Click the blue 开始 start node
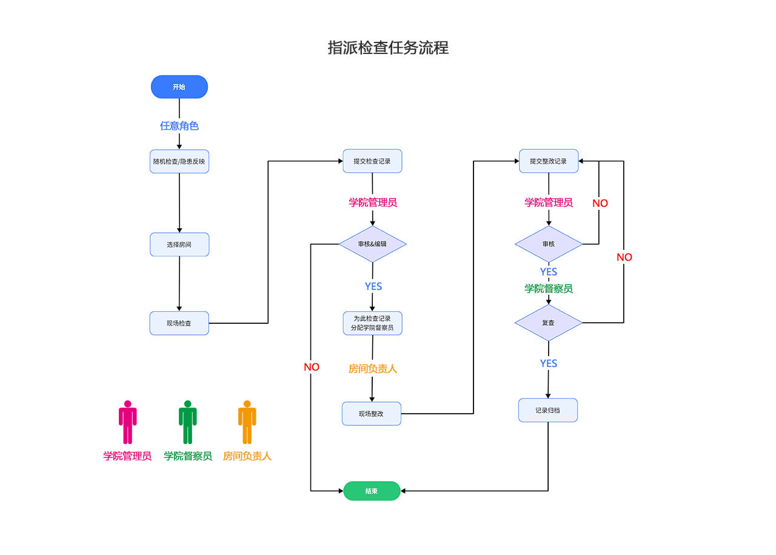(179, 87)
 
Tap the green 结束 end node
(372, 491)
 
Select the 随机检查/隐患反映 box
(179, 161)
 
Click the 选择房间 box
(179, 244)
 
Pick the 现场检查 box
(179, 323)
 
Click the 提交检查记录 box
(372, 161)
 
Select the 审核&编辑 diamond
(372, 244)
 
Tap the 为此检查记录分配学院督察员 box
(372, 323)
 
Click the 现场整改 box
(372, 414)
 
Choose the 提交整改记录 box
(549, 161)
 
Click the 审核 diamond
(549, 244)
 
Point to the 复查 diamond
(549, 323)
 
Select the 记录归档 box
(548, 410)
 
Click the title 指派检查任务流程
(388, 48)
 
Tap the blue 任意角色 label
(179, 126)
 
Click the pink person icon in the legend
(127, 422)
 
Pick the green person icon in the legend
(188, 422)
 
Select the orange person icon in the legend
(247, 422)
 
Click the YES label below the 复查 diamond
(549, 363)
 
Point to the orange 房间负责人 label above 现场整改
(373, 369)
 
